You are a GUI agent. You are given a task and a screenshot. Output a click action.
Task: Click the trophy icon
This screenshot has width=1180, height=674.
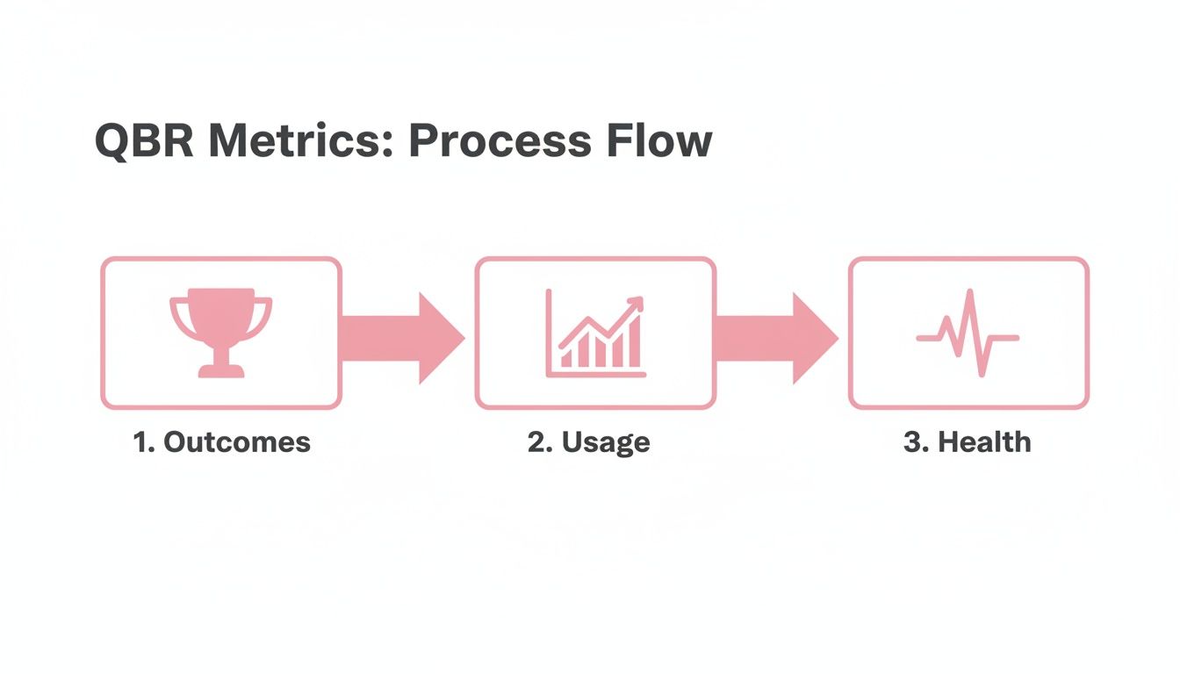click(x=221, y=332)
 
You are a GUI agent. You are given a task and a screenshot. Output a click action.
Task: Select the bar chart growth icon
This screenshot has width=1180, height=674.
click(x=595, y=333)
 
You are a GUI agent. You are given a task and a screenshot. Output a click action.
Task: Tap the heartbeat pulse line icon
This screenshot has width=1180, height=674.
click(x=968, y=334)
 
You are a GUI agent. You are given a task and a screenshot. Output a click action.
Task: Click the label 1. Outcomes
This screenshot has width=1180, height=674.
click(x=221, y=441)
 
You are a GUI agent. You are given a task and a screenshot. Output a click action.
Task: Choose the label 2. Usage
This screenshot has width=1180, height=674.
click(x=588, y=441)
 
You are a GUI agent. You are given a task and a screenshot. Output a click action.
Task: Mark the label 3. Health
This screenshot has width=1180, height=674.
click(x=967, y=441)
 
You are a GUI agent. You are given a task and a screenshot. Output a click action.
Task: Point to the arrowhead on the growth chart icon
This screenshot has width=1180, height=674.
click(x=637, y=304)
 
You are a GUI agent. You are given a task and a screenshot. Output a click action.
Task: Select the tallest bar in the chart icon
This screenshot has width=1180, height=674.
click(x=634, y=348)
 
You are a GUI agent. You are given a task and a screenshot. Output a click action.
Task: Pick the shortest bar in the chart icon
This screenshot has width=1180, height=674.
click(x=567, y=357)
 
